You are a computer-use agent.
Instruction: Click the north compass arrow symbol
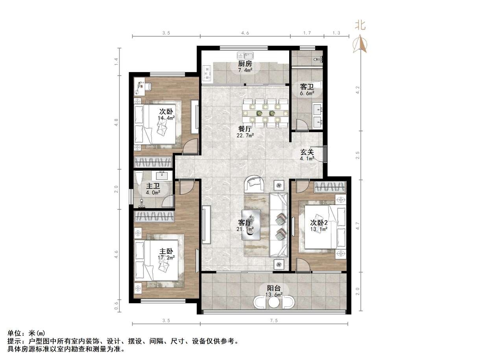click(360, 43)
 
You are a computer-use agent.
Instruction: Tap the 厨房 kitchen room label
click(245, 64)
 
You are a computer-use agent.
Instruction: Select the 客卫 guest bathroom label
click(307, 86)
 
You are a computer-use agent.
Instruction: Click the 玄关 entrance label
click(307, 152)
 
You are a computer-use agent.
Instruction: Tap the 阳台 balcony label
click(274, 288)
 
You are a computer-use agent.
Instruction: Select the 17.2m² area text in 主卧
click(166, 258)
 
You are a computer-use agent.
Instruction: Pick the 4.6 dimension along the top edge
click(245, 33)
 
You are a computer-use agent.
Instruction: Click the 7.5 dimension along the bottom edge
click(274, 320)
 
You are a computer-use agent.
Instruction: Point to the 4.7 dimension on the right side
click(357, 226)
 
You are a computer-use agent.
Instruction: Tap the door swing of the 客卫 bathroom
click(302, 125)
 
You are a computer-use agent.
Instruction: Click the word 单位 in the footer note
click(15, 333)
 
